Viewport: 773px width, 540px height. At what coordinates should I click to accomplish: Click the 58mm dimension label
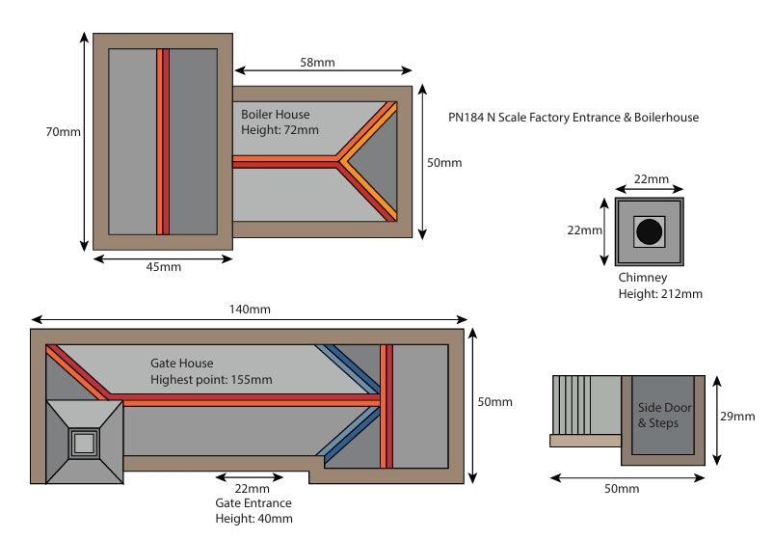click(317, 63)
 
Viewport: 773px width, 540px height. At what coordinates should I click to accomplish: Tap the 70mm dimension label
click(63, 132)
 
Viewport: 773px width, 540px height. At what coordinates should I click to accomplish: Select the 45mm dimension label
click(164, 267)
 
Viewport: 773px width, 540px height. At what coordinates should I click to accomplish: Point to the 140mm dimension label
click(250, 310)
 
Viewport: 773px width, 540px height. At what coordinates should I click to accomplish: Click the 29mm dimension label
click(737, 417)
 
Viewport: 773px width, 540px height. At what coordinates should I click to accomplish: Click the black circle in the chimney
click(650, 231)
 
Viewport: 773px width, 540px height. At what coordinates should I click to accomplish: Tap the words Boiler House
click(275, 115)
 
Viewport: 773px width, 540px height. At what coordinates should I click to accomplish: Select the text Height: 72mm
click(280, 130)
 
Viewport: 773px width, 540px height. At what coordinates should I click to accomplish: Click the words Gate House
click(182, 363)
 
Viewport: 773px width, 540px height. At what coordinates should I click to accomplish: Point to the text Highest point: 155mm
click(211, 380)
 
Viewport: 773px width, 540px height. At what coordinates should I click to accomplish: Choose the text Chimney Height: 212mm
click(660, 285)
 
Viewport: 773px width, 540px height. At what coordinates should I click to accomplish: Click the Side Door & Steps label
click(664, 416)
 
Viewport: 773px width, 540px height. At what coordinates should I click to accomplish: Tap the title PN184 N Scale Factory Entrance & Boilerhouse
click(573, 118)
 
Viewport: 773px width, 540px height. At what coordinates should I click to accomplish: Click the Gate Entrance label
click(253, 503)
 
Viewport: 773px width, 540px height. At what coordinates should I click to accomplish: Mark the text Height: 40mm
click(253, 519)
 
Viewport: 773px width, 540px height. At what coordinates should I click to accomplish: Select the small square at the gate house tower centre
click(84, 444)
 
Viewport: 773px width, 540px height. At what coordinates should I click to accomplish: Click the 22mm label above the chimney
click(652, 179)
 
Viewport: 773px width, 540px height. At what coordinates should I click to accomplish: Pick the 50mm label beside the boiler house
click(444, 163)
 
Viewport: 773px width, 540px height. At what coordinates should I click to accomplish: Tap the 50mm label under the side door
click(622, 489)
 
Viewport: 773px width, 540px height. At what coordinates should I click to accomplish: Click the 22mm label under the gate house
click(252, 489)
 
